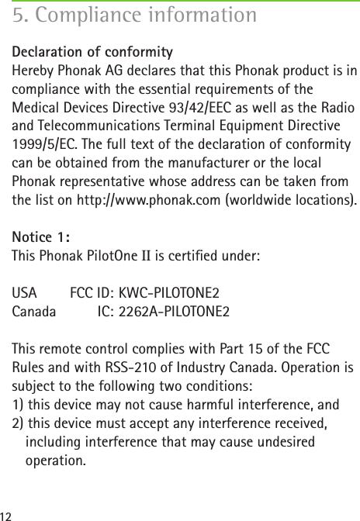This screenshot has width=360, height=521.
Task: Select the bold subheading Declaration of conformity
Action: [x=92, y=53]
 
